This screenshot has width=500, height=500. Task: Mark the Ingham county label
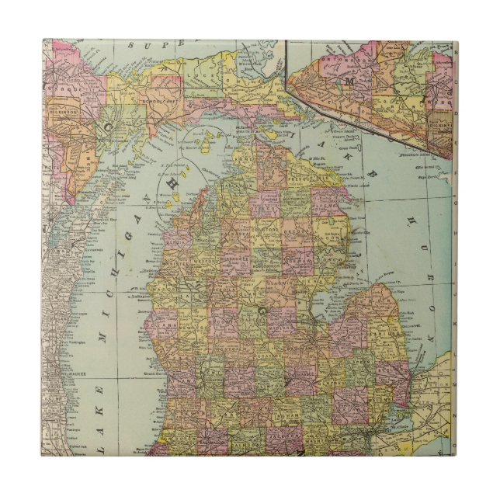click(x=290, y=411)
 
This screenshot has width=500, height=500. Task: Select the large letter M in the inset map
click(x=350, y=80)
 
